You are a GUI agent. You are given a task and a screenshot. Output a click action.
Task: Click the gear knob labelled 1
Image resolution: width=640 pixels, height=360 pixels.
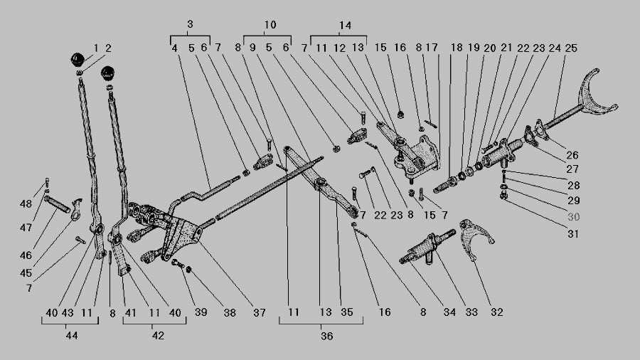(x=77, y=60)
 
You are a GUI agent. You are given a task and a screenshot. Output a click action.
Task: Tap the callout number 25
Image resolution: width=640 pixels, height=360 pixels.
(x=571, y=48)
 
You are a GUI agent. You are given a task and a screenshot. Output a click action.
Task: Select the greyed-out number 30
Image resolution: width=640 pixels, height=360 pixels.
(x=573, y=217)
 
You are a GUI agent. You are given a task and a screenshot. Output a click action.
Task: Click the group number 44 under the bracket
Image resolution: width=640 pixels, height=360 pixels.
(x=71, y=336)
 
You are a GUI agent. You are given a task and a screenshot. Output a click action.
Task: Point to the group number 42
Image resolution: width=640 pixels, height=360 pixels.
(x=158, y=336)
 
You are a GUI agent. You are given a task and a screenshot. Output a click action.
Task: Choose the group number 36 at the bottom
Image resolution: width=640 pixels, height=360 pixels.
(x=326, y=336)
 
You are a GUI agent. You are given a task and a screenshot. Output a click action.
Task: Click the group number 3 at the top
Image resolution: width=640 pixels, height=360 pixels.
(x=190, y=24)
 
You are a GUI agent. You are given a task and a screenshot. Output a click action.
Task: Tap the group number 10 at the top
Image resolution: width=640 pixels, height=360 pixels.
(x=270, y=25)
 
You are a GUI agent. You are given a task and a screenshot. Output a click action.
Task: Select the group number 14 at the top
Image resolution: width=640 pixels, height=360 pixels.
(x=345, y=26)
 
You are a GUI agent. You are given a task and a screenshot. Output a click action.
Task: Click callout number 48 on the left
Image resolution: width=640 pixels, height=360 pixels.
(x=26, y=203)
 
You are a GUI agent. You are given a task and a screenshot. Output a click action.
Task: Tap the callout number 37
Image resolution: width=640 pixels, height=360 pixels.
(x=259, y=312)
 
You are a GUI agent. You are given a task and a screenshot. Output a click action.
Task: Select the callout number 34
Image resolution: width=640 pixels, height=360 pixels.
(x=449, y=312)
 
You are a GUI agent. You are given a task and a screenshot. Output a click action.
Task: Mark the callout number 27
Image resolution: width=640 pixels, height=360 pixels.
(x=572, y=169)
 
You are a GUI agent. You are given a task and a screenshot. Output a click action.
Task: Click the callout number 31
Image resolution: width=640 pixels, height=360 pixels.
(x=573, y=234)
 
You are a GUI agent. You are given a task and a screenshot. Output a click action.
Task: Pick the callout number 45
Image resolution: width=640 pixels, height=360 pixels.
(x=26, y=272)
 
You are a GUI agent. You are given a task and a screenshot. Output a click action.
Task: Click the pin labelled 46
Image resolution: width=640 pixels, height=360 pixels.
(x=57, y=204)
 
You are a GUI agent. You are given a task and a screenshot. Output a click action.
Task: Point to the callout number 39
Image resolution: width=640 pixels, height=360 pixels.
(x=201, y=312)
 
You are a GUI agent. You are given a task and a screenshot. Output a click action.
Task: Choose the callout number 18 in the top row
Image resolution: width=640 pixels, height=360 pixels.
(x=457, y=48)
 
